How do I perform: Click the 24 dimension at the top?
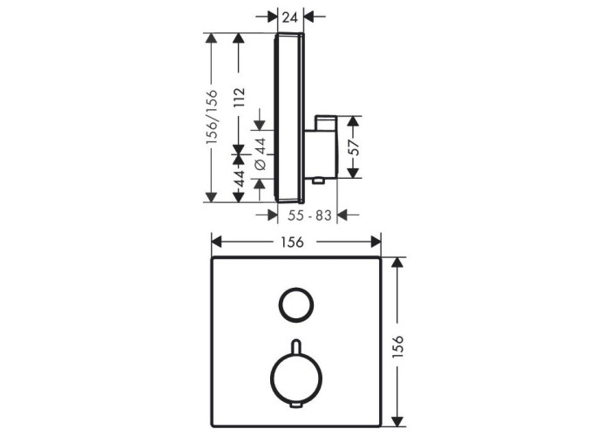pyautogui.click(x=290, y=17)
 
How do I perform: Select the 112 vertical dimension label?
pyautogui.click(x=239, y=98)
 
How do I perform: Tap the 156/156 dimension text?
pyautogui.click(x=212, y=117)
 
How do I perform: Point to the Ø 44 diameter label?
pyautogui.click(x=261, y=153)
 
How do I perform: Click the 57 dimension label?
pyautogui.click(x=354, y=147)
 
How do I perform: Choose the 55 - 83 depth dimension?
pyautogui.click(x=309, y=215)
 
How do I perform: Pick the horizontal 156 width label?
pyautogui.click(x=292, y=242)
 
